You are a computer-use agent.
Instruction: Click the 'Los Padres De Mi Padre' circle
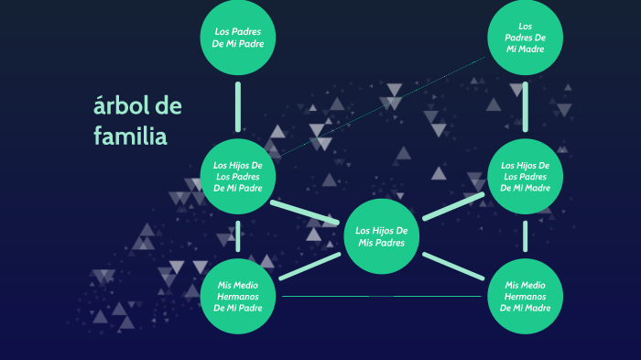tap(238, 38)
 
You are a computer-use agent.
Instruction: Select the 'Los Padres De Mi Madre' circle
tap(525, 38)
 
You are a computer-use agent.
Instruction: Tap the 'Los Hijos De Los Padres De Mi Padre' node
tap(238, 176)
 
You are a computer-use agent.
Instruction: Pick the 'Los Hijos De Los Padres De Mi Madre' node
tap(525, 176)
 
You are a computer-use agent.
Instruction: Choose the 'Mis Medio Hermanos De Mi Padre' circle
tap(238, 296)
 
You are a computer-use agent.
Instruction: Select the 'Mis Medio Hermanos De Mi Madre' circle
tap(525, 296)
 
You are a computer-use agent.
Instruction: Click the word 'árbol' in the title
tap(121, 106)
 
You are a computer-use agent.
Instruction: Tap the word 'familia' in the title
tap(130, 136)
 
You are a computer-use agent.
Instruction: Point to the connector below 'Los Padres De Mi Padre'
tap(238, 106)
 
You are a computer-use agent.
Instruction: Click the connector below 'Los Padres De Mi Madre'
tap(525, 106)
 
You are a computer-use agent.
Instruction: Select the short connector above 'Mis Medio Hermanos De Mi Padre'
tap(238, 235)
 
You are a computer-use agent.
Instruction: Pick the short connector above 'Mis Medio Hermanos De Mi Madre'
tap(525, 235)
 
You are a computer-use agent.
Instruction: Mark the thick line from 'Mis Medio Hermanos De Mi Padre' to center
tap(309, 267)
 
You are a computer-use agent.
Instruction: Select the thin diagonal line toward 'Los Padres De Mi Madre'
tap(385, 105)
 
